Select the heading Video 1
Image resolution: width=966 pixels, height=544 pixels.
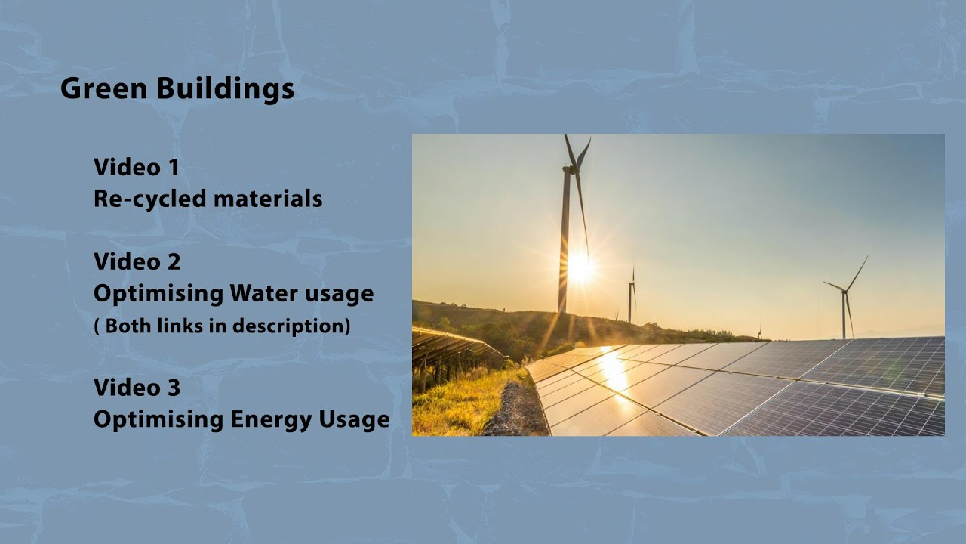[x=137, y=167]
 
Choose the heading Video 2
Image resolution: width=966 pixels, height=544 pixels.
[x=137, y=261]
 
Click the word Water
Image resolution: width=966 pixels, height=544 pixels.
[x=263, y=292]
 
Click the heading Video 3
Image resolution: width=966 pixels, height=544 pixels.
[x=137, y=388]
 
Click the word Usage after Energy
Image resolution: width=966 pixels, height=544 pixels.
[x=357, y=419]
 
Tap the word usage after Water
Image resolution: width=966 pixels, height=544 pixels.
[x=339, y=293]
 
